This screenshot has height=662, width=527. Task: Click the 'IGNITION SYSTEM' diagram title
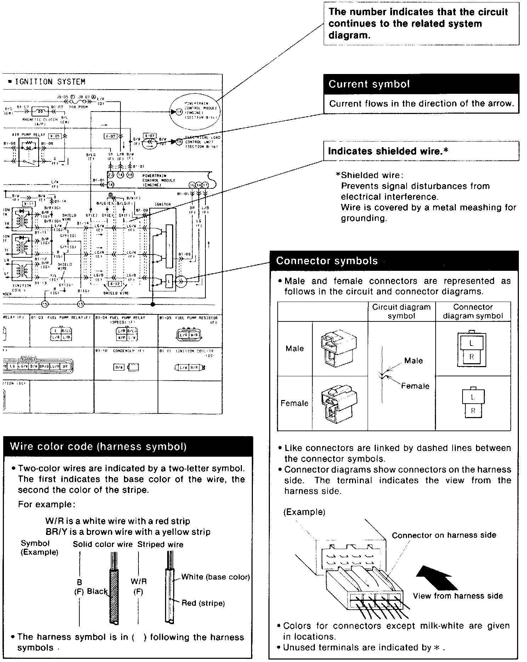pos(50,82)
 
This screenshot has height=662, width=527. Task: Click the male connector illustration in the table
pos(338,349)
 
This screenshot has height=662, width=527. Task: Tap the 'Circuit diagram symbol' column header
pos(401,312)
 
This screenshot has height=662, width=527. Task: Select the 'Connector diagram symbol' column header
pos(473,312)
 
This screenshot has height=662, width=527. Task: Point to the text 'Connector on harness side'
pos(444,535)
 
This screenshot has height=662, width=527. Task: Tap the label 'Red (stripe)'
pos(203,603)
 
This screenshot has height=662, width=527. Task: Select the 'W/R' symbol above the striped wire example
pos(138,581)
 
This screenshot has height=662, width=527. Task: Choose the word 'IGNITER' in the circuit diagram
pos(163,205)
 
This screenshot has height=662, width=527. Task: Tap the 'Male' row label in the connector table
pos(295,349)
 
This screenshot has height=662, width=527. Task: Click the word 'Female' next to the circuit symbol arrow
pos(415,386)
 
